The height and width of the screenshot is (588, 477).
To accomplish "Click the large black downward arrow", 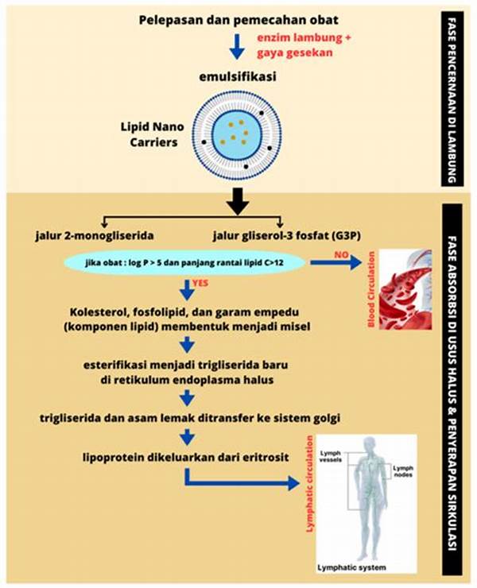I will [x=236, y=202].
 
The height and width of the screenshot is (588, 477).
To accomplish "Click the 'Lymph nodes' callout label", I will [x=402, y=474].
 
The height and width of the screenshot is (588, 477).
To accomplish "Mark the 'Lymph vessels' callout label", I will [x=334, y=457].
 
